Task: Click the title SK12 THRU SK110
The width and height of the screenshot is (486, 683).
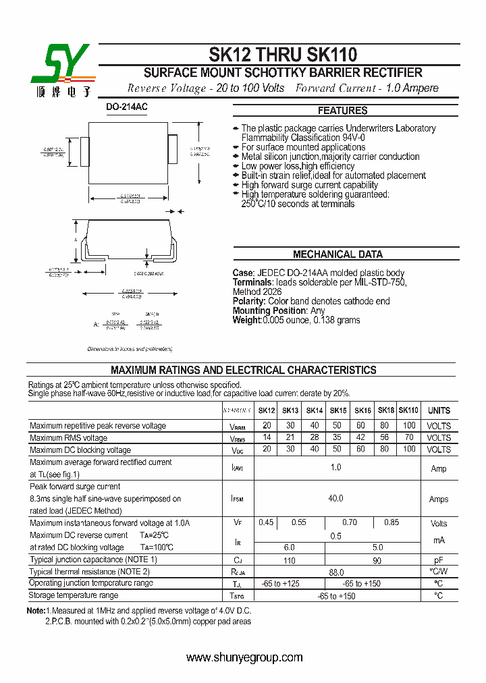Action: point(283,54)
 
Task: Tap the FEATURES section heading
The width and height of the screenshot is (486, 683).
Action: point(342,111)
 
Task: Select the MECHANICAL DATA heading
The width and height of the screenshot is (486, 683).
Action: point(337,254)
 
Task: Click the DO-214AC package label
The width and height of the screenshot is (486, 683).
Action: point(127,107)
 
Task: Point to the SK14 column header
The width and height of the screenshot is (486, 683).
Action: point(315,410)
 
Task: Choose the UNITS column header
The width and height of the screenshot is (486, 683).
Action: point(439,410)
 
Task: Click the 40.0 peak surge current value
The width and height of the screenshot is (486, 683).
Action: point(335,499)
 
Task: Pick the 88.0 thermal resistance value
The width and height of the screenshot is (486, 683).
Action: point(335,572)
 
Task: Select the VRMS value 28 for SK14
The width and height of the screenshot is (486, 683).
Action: point(315,438)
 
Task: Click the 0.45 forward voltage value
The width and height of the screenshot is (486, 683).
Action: point(267,523)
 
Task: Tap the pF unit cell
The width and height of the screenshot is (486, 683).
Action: point(439,560)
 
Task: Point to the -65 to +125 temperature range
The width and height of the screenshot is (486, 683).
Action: point(290,583)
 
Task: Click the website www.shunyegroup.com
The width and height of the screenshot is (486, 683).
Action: point(244,658)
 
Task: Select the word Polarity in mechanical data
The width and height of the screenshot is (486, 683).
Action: point(248,301)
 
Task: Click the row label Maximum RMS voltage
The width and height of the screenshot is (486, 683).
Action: point(68,438)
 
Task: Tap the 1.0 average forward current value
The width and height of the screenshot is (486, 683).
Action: point(335,468)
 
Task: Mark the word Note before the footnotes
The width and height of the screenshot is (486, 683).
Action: point(35,610)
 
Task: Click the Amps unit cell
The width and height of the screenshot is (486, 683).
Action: point(439,499)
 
